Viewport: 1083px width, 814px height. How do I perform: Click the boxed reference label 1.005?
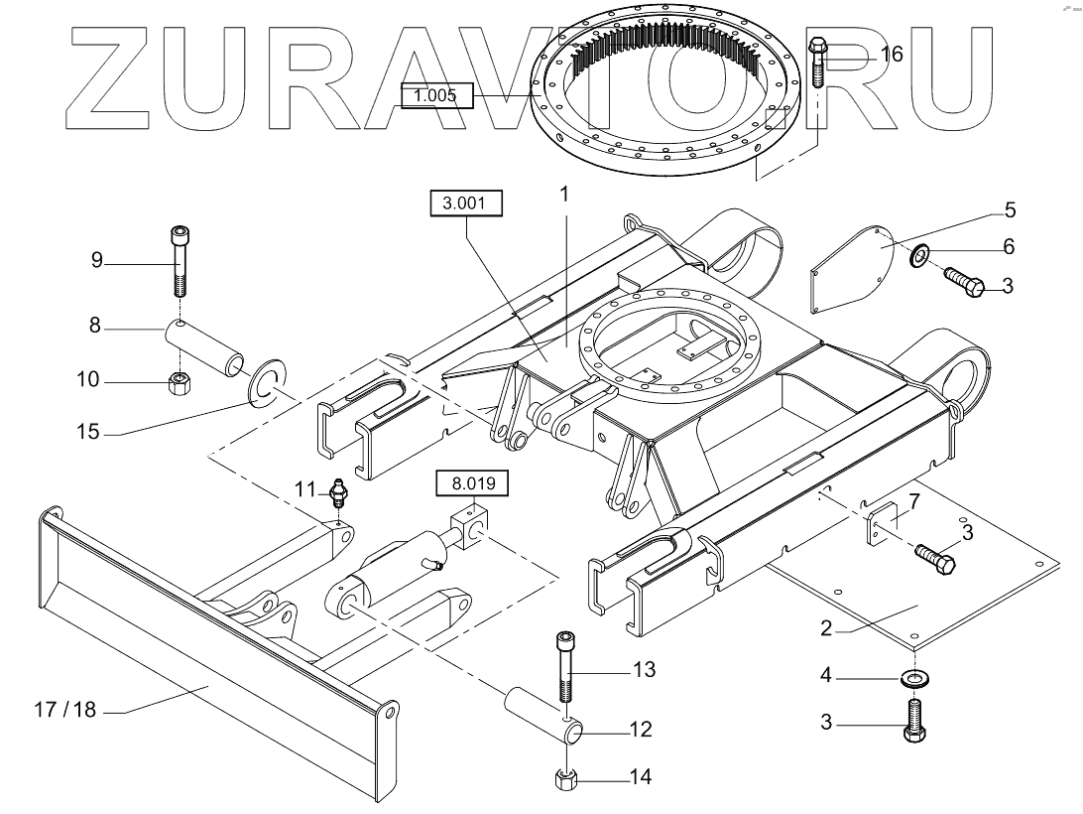tap(436, 95)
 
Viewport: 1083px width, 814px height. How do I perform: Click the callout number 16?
tap(892, 54)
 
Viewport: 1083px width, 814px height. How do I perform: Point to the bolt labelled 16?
tap(817, 61)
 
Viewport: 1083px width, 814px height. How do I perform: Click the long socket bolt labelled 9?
tap(178, 260)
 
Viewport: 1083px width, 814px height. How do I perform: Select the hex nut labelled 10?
tap(179, 381)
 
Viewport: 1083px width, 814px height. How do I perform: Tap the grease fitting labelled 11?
tap(338, 493)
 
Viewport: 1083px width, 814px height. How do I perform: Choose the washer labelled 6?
tap(920, 256)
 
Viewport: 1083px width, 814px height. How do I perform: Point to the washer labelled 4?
tap(909, 678)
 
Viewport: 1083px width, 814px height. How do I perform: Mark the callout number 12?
tap(640, 730)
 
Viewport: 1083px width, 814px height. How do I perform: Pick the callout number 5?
tap(1010, 209)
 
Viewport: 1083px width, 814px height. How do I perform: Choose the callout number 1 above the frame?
tap(564, 194)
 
